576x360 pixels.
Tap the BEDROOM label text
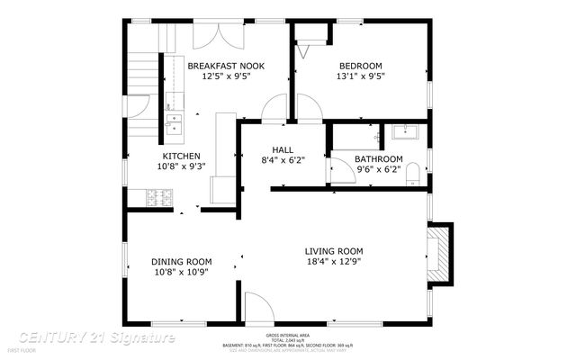360,66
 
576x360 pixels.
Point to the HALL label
283,149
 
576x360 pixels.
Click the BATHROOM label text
378,158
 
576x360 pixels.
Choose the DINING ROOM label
182,261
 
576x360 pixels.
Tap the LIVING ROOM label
333,251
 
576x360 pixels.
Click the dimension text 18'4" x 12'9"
333,262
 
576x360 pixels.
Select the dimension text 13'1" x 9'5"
360,76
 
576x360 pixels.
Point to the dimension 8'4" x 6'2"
283,160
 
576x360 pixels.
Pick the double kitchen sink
173,122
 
